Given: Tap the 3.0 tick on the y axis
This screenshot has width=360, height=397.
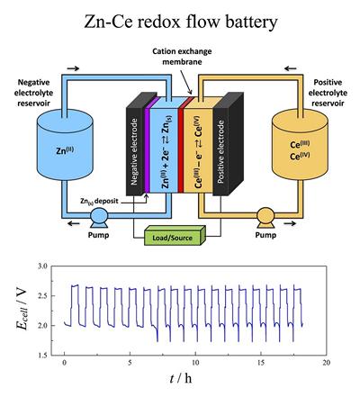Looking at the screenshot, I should (41, 267).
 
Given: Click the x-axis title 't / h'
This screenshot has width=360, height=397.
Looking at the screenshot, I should (195, 383).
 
